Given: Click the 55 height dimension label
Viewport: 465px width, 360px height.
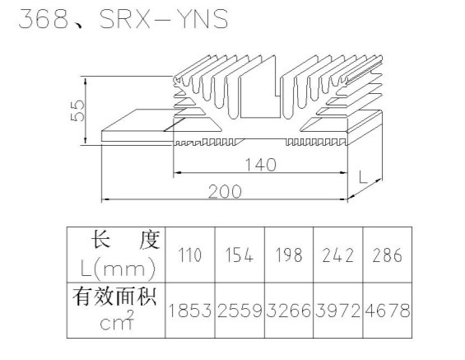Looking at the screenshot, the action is (77, 110).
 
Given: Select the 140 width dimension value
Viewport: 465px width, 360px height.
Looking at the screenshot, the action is (261, 165).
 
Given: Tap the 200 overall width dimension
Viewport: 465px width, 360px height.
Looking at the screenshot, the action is (225, 191).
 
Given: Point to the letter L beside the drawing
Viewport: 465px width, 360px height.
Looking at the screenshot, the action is (363, 177).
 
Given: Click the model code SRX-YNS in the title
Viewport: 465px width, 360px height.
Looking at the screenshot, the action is (164, 19).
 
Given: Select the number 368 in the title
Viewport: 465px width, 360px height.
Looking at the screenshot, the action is (44, 19).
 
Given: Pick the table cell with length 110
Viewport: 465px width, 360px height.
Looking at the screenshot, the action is (190, 255).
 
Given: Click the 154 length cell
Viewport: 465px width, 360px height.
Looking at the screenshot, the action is (239, 255).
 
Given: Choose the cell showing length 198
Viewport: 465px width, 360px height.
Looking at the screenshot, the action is (289, 255).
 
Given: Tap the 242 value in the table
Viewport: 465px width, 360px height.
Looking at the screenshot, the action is (337, 255).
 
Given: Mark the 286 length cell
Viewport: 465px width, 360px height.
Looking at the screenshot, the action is (388, 255).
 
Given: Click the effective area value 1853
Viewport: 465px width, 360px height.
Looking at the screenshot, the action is (190, 311).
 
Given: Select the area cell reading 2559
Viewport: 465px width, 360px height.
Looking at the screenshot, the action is (239, 311).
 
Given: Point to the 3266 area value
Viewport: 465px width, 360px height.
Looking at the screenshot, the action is (289, 311).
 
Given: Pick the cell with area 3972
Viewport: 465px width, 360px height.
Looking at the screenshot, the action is (337, 311).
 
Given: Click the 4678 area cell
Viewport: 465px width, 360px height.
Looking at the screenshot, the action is (388, 311).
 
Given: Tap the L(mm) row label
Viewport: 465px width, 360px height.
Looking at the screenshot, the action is (118, 269).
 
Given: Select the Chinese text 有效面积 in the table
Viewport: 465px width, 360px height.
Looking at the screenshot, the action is (114, 296).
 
